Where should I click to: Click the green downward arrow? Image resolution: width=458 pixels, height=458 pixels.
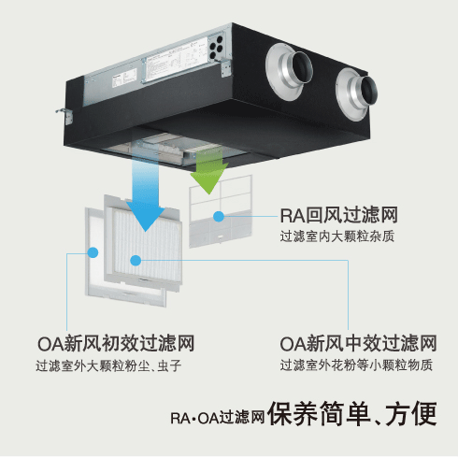209,171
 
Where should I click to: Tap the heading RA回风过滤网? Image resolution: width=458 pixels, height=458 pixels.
339,215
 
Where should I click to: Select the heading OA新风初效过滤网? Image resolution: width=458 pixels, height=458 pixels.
116,343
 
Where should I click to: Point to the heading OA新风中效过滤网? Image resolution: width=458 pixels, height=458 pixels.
358,343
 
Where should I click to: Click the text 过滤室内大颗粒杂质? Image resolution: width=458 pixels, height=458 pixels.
336,236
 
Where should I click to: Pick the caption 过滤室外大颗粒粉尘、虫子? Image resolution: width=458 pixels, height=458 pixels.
108,365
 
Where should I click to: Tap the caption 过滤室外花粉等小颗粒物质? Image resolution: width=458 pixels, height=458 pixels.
356,365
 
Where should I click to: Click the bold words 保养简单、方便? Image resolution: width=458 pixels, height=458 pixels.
352,414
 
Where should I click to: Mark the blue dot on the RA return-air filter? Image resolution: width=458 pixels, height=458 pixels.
219,216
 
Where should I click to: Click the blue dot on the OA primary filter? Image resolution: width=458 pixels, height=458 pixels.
93,252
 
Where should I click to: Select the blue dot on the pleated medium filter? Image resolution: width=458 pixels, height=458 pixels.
136,261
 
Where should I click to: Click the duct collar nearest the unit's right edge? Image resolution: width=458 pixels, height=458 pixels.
356,93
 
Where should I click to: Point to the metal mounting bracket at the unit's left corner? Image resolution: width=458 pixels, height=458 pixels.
65,116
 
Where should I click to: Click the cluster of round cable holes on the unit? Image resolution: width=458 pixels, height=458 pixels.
216,48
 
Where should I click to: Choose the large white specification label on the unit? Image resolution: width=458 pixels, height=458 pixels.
176,61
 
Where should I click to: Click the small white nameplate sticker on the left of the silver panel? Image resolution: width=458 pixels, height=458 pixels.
124,78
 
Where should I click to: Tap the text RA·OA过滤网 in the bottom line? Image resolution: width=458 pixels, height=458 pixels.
218,418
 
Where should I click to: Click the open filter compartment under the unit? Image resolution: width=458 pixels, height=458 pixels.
175,149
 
